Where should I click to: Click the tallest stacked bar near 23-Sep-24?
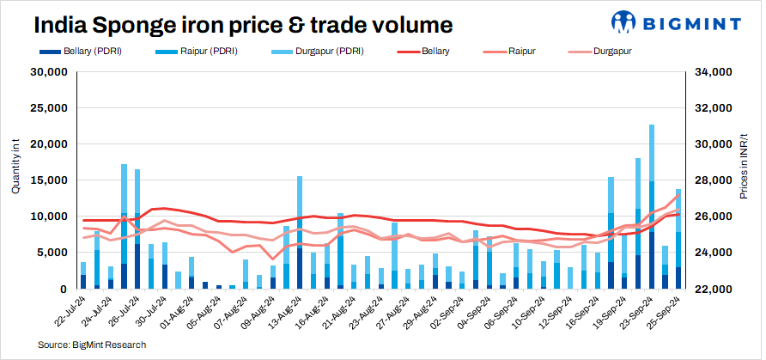[x=652, y=206]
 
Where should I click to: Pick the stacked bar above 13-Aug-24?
[x=300, y=232]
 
